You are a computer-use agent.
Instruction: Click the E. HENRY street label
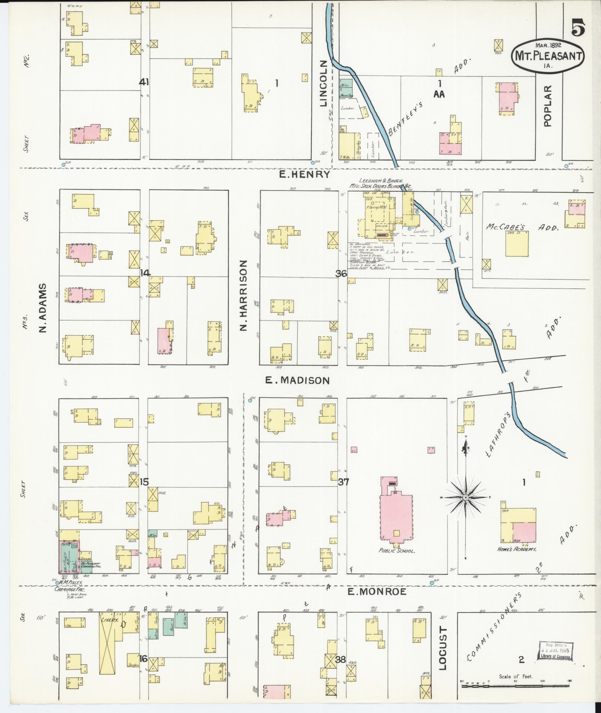pyautogui.click(x=305, y=174)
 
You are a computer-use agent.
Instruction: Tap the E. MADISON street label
pyautogui.click(x=297, y=380)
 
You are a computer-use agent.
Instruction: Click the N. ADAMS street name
pyautogui.click(x=43, y=308)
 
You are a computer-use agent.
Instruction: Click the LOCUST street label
pyautogui.click(x=442, y=648)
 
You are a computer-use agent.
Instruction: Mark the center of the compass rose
pyautogui.click(x=466, y=498)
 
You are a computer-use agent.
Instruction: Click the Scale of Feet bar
pyautogui.click(x=516, y=681)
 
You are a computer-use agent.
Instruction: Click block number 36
pyautogui.click(x=341, y=274)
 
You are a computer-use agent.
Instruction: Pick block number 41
pyautogui.click(x=144, y=82)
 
